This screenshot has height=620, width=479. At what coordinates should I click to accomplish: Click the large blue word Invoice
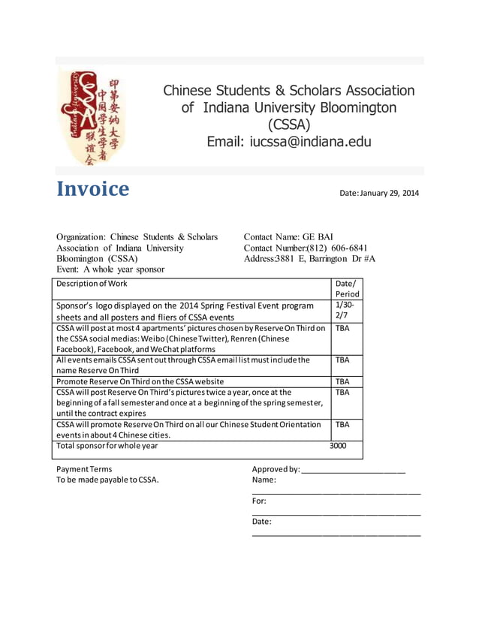click(x=93, y=189)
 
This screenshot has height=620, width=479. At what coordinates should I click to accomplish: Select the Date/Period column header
click(x=347, y=289)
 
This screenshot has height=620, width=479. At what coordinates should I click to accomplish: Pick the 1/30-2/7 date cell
click(x=345, y=312)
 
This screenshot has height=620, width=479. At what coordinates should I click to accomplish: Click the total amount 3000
click(x=338, y=446)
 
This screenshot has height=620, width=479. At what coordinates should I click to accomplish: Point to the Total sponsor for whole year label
click(x=107, y=446)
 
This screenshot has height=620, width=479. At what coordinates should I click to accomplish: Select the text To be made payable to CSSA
click(x=107, y=480)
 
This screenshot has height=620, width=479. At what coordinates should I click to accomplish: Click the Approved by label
click(x=276, y=469)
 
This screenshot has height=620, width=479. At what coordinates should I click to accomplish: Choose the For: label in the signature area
click(x=259, y=501)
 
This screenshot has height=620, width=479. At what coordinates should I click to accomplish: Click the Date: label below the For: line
click(x=262, y=522)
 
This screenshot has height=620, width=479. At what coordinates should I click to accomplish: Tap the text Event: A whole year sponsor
click(x=110, y=269)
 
